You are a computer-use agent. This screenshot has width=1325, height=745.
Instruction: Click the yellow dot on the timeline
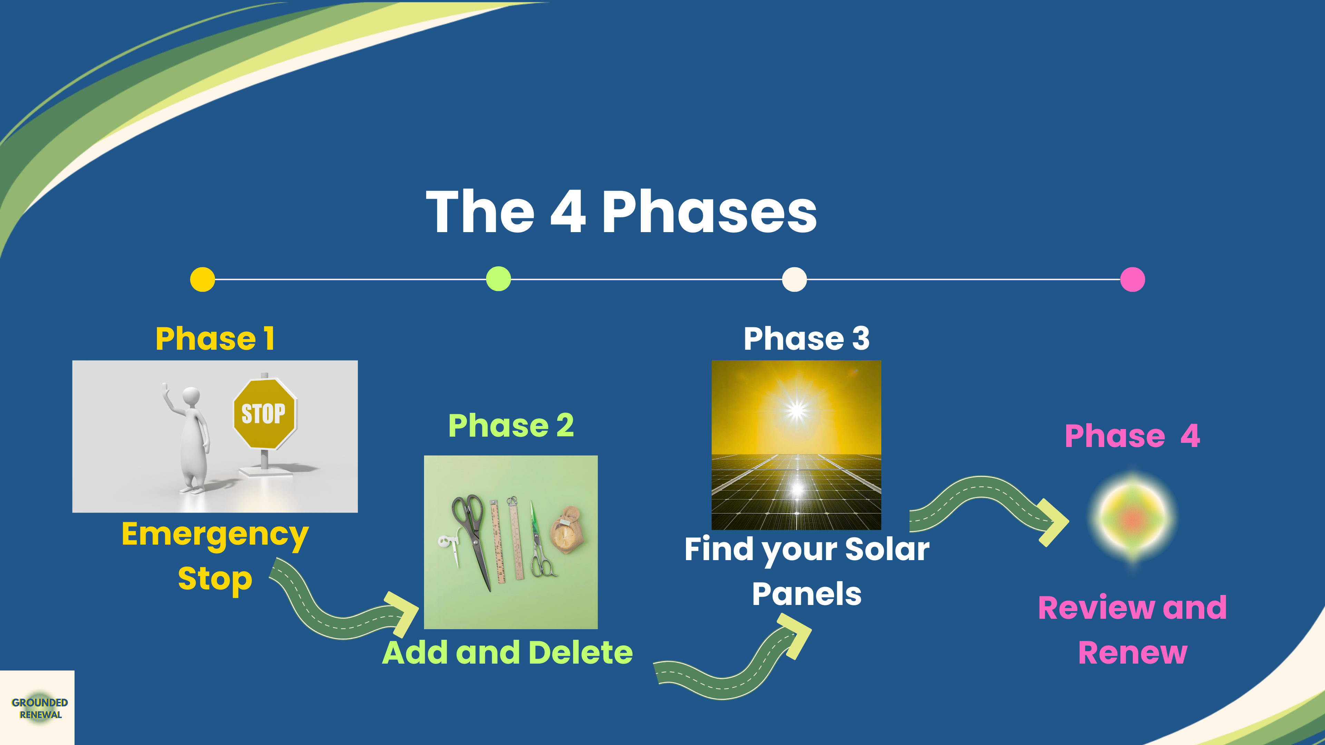tap(203, 280)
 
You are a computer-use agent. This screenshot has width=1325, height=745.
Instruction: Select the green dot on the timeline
tap(498, 279)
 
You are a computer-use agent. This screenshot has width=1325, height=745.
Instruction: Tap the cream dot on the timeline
tap(794, 280)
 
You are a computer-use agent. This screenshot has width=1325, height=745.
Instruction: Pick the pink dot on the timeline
tap(1132, 280)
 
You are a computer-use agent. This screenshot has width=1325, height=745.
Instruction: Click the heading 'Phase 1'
tap(215, 338)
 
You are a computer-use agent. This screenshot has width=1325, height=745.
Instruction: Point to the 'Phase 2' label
tap(511, 425)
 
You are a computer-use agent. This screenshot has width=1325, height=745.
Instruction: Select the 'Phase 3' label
tap(806, 338)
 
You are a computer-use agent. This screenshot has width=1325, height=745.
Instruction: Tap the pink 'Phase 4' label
tap(1132, 436)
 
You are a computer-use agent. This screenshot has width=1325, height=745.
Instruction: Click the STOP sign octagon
tap(265, 414)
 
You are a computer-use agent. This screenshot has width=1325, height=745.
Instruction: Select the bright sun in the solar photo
tap(797, 410)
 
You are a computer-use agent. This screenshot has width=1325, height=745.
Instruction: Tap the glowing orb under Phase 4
tap(1132, 518)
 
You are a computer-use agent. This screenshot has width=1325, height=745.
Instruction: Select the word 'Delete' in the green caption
tap(581, 653)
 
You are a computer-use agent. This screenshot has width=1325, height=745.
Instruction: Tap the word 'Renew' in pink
tap(1132, 653)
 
